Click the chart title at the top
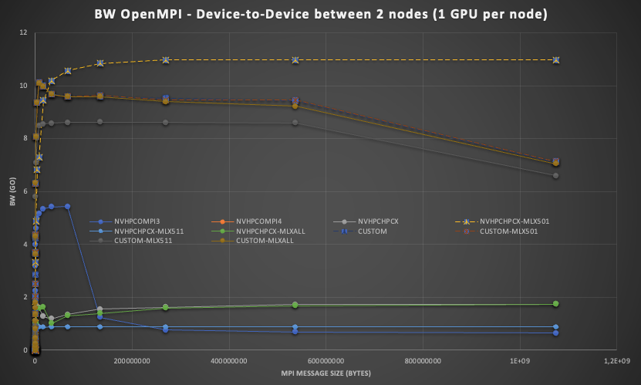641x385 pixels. click(320, 15)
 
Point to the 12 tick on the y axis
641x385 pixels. click(24, 32)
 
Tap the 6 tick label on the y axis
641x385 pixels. click(25, 191)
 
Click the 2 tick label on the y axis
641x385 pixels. click(25, 297)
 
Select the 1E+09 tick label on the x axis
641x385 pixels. click(518, 360)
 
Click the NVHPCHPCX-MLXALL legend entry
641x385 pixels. click(267, 231)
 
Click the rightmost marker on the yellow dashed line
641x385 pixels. click(555, 60)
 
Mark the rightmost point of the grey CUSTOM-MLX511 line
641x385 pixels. click(555, 176)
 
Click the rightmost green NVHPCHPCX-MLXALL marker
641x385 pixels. click(555, 304)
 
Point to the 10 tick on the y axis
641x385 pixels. click(24, 86)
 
